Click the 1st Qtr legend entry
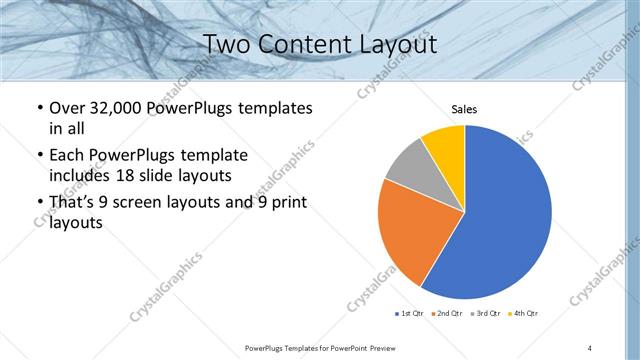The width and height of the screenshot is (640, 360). click(409, 314)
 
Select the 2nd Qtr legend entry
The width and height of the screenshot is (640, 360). click(446, 314)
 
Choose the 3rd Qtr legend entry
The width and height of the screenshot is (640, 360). click(485, 314)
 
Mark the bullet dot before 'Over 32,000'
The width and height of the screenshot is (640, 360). click(39, 107)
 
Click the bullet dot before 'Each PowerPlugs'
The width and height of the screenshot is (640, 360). click(39, 155)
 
